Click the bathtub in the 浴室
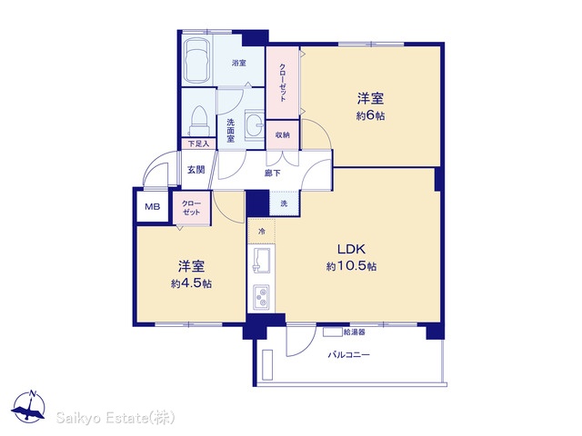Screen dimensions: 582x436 pos(197,61)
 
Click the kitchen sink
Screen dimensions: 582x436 pos(262,261)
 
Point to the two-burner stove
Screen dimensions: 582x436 pos(262,297)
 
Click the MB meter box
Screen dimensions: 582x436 pos(153,206)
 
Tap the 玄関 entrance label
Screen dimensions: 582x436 pos(196,170)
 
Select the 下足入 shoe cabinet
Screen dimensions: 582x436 pos(198,144)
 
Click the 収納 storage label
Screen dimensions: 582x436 pos(283,135)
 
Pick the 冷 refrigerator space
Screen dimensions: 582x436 pos(262,232)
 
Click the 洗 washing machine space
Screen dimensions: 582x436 pos(284,203)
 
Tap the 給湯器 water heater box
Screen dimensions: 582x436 pos(332,332)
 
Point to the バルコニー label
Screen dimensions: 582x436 pos(348,355)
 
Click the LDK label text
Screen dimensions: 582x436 pos(352,249)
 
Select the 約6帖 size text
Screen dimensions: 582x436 pos(370,115)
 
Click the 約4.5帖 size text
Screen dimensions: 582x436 pos(191,283)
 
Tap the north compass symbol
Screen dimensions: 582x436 pos(28,407)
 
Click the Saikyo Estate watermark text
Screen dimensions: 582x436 pos(115,418)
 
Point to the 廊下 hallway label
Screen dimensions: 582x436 pos(273,173)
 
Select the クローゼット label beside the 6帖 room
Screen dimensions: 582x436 pos(283,83)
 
